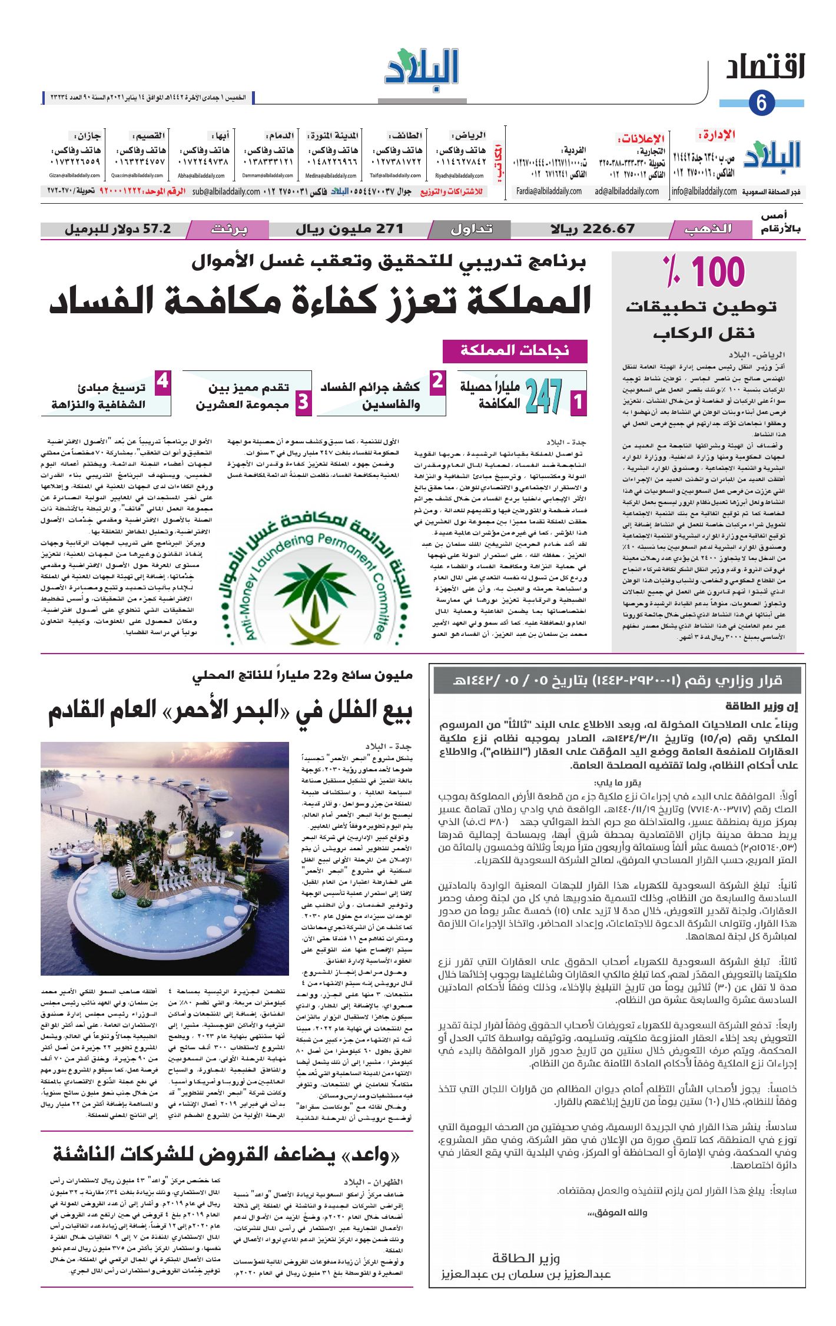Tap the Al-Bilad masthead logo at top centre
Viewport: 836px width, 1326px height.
422,70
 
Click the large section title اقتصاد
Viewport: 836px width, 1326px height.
764,68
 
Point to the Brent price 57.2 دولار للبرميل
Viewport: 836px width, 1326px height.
118,229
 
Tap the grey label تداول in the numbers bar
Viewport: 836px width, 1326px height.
471,229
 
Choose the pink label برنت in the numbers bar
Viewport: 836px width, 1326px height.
229,229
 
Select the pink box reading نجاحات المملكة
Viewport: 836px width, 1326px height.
515,351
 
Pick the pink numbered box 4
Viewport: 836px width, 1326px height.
162,382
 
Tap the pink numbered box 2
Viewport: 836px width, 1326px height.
437,382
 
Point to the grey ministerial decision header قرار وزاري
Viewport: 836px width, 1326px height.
616,681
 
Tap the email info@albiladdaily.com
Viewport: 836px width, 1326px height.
704,191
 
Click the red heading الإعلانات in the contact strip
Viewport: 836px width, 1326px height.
641,139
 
